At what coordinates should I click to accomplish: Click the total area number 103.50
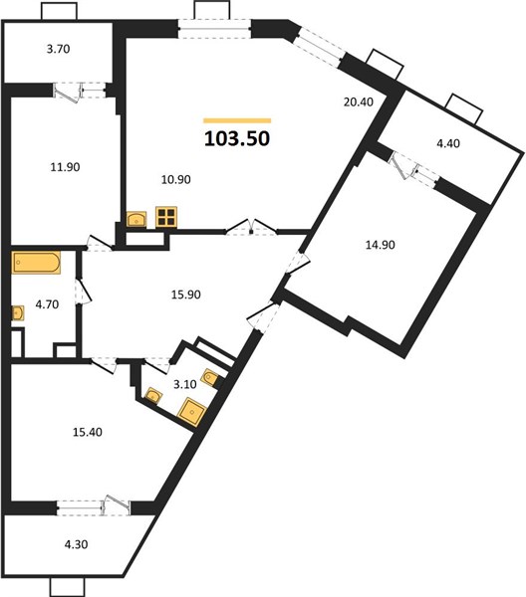(237, 138)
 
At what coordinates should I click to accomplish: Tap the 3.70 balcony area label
(59, 49)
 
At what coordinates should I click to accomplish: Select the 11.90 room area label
(65, 167)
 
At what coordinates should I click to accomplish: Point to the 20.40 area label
(359, 102)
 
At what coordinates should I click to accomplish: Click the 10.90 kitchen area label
(175, 179)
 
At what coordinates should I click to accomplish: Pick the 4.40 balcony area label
(448, 143)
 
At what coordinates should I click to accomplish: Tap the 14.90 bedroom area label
(380, 245)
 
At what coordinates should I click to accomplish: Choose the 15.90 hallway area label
(186, 295)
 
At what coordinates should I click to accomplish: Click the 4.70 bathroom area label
(47, 304)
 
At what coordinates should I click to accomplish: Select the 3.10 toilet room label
(185, 384)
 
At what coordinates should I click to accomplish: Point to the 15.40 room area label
(88, 432)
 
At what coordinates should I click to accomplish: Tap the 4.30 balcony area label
(77, 544)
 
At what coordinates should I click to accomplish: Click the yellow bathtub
(36, 263)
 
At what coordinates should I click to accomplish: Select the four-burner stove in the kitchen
(166, 217)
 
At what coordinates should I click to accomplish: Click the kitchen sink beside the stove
(136, 220)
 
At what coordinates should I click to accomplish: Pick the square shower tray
(193, 412)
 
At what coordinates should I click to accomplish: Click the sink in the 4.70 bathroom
(18, 313)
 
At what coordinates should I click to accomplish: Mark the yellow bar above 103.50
(237, 120)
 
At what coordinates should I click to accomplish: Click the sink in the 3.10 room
(153, 396)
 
